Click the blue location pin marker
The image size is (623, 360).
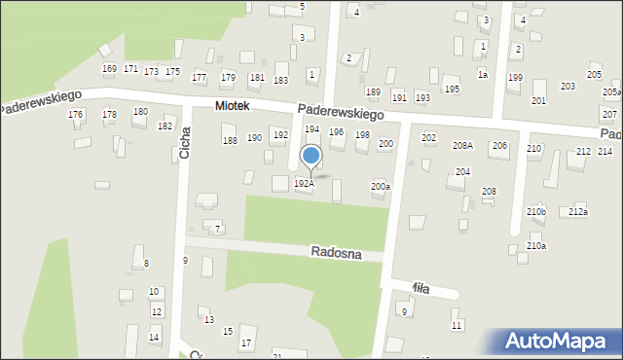point(311,157)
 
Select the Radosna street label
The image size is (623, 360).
point(337,253)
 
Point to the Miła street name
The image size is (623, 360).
point(420,287)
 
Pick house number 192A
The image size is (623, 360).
point(305,183)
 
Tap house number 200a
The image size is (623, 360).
point(381,186)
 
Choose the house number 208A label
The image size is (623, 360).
point(462,145)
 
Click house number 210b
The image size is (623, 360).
point(536,212)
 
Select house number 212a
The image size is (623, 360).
point(578,212)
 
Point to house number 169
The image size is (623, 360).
point(109,68)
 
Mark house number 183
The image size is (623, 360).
point(280,80)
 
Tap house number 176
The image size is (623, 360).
point(75,115)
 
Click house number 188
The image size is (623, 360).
point(230,141)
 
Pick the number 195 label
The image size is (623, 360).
point(452,89)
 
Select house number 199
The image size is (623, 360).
point(515,77)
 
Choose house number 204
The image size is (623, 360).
point(462,171)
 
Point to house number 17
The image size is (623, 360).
point(246,343)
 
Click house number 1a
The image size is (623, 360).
point(482,74)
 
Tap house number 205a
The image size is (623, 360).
point(611,91)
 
